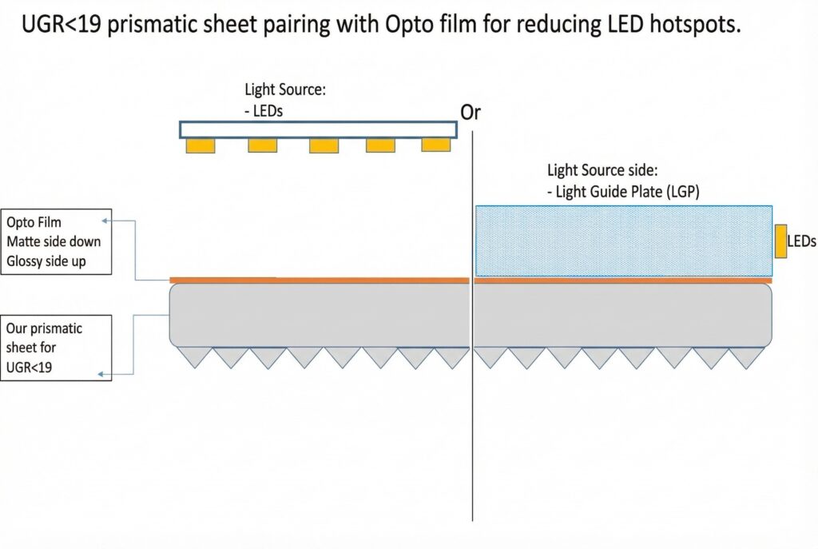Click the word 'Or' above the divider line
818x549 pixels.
click(x=471, y=113)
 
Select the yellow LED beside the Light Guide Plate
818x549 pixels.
click(x=780, y=241)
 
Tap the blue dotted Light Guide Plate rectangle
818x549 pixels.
click(x=623, y=241)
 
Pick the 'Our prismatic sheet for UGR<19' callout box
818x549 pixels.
click(x=56, y=348)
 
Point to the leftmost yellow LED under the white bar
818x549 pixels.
click(x=201, y=146)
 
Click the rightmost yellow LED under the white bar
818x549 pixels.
click(x=436, y=145)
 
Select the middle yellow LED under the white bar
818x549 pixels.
click(x=324, y=146)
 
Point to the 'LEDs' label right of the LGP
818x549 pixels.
click(x=802, y=241)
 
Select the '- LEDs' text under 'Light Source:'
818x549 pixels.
click(x=264, y=111)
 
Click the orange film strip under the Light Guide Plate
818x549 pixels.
click(x=623, y=280)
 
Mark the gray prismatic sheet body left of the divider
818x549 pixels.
click(x=320, y=315)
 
